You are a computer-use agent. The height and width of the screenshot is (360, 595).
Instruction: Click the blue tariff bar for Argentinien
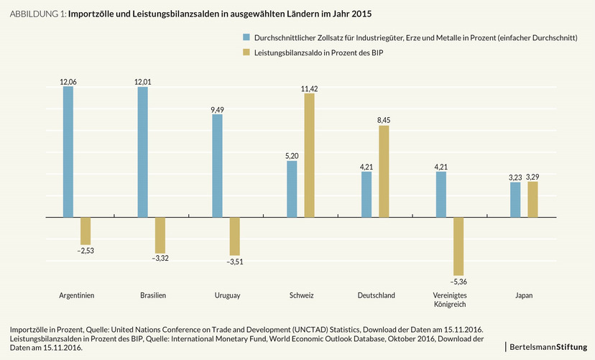tap(68, 152)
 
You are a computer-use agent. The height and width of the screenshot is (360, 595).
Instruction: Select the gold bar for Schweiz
tap(310, 155)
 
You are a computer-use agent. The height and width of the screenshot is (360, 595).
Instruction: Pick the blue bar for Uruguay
tap(218, 165)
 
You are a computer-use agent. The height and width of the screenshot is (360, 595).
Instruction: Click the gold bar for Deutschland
tap(384, 171)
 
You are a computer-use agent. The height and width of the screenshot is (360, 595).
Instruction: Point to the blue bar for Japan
tap(515, 199)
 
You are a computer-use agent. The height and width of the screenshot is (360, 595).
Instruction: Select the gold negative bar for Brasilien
tap(160, 235)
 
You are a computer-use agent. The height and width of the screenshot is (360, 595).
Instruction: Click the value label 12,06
tap(68, 82)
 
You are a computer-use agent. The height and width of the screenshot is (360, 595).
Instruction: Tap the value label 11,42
tap(310, 88)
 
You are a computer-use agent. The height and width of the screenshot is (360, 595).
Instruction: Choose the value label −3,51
tap(236, 262)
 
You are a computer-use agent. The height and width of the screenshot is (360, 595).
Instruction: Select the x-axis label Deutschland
tap(376, 295)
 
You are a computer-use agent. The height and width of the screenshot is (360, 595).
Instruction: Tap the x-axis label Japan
tap(524, 295)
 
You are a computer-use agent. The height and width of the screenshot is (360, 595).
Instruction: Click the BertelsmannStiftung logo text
tap(548, 347)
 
